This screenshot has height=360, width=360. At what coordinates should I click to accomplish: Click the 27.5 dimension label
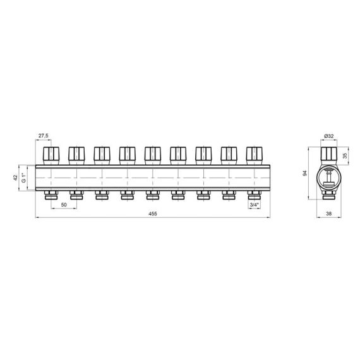tap(43, 136)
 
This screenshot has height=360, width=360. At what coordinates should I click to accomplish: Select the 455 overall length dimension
tap(153, 213)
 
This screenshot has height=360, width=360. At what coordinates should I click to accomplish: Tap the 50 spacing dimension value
tap(64, 205)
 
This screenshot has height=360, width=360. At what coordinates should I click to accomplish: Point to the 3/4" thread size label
tap(254, 205)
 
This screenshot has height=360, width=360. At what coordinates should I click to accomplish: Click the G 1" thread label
tap(23, 177)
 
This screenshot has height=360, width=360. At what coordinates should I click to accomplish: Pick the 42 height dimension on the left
tap(15, 177)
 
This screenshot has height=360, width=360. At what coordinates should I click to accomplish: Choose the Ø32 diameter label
tap(329, 136)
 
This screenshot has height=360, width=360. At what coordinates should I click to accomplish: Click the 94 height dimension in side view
tap(305, 173)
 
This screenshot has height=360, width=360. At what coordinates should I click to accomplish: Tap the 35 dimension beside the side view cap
tap(345, 155)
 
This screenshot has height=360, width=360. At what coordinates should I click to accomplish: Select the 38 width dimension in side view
tap(329, 213)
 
